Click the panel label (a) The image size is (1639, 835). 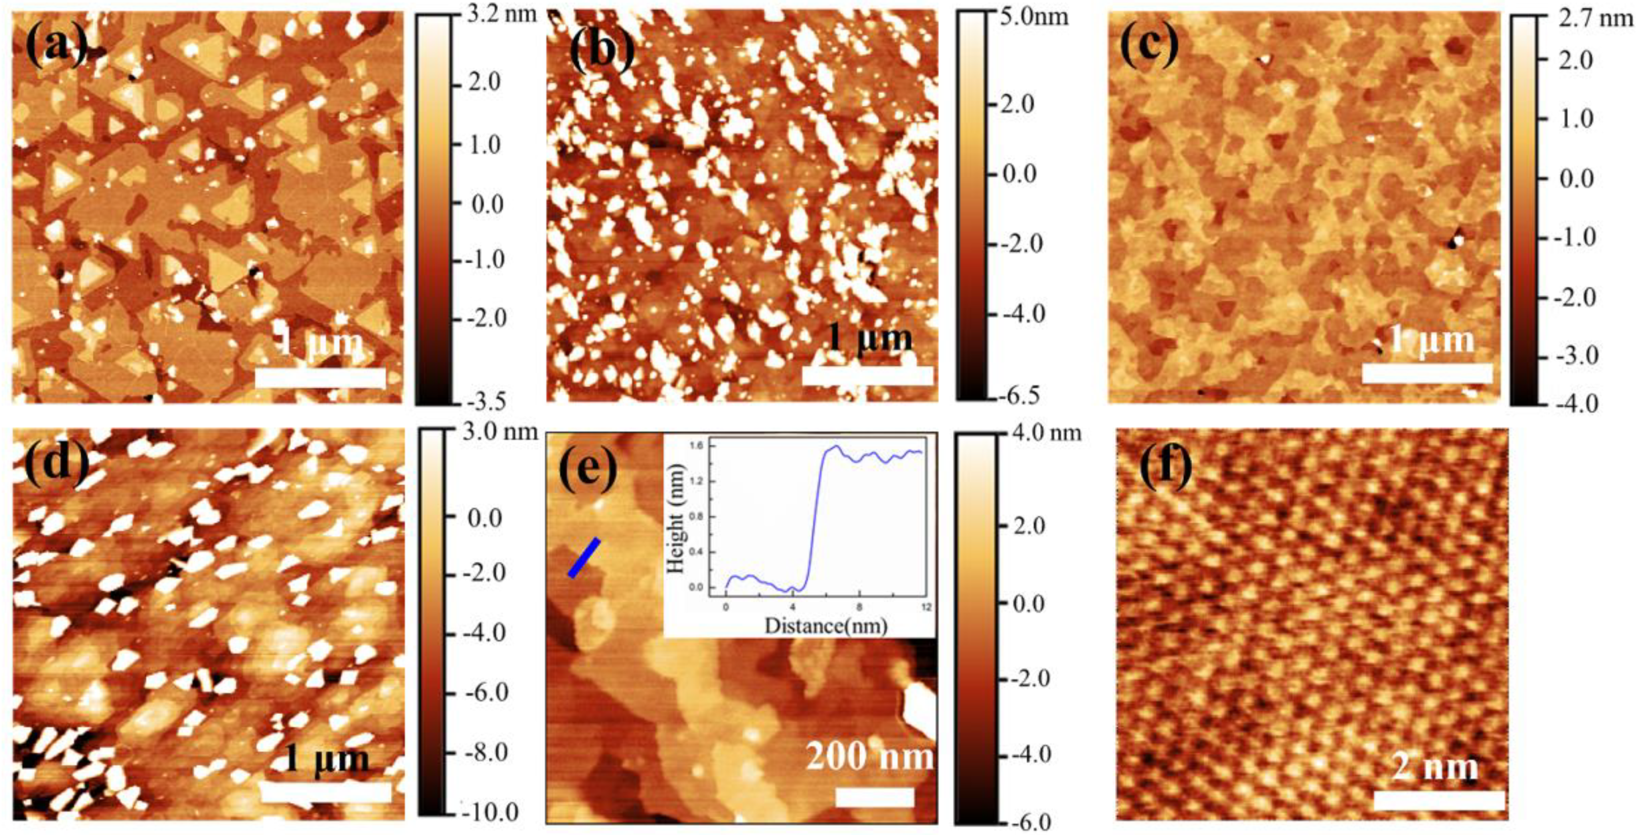(x=56, y=48)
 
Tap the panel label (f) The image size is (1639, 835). (x=1165, y=468)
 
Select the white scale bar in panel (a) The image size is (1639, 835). (x=320, y=378)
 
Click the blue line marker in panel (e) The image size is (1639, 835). (x=583, y=558)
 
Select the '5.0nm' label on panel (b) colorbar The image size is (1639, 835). (x=1031, y=16)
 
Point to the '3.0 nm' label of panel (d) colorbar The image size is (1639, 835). (x=502, y=433)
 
